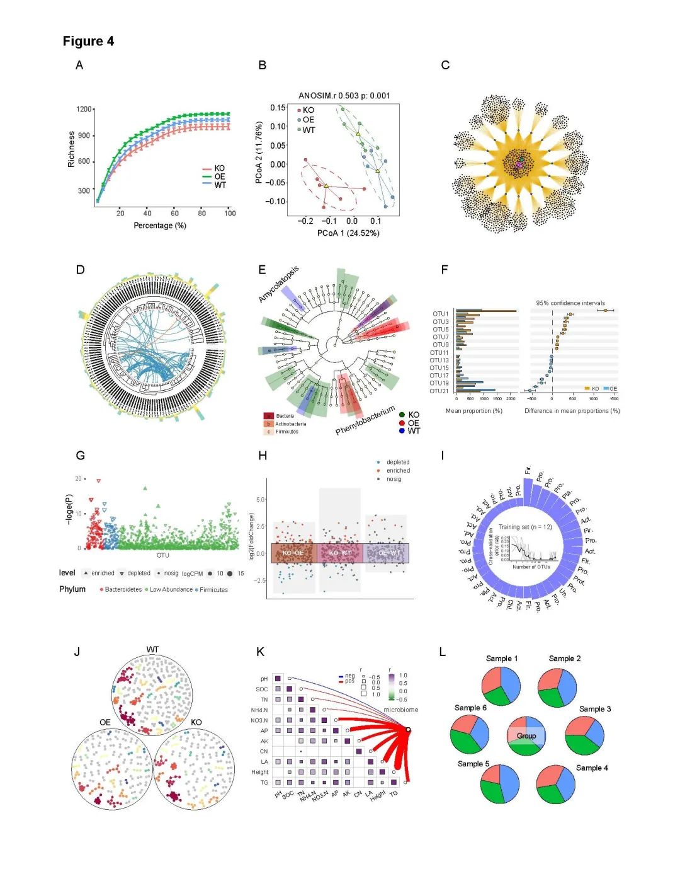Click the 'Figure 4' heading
tap(88, 42)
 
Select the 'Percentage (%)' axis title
tap(160, 226)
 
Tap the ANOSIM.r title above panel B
tap(344, 96)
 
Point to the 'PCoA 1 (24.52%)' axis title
tap(348, 233)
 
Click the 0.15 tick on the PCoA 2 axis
tap(278, 108)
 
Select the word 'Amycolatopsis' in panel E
tap(279, 285)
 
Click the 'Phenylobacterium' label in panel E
tap(365, 421)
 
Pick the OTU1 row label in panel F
tap(441, 314)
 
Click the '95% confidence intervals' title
tap(570, 303)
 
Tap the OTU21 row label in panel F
tap(439, 391)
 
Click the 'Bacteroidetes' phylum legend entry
tap(123, 590)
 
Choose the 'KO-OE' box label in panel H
tap(293, 553)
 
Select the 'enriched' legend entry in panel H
tap(398, 471)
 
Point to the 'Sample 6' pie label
tap(470, 708)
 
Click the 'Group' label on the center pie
tap(526, 736)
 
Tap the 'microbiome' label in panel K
tap(401, 710)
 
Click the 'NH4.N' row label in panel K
tap(259, 710)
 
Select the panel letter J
tap(77, 652)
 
